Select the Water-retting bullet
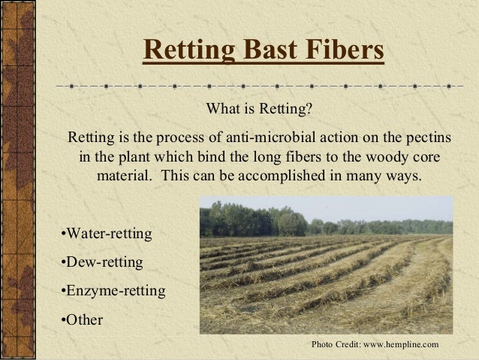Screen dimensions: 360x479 click(x=105, y=234)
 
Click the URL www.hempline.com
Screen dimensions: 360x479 click(x=400, y=343)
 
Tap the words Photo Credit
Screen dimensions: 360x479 click(x=336, y=343)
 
